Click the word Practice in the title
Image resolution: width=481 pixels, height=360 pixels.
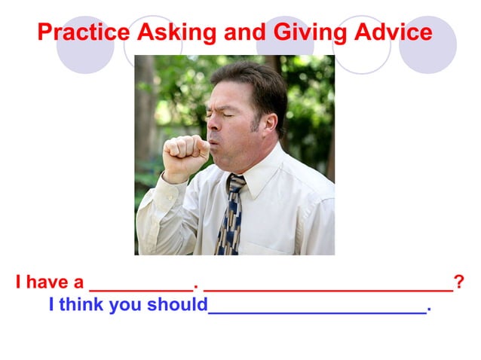point(84,32)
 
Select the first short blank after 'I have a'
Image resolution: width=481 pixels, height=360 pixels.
point(141,287)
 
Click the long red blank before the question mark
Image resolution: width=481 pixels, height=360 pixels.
point(328,287)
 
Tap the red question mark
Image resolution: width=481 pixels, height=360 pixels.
point(459,283)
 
